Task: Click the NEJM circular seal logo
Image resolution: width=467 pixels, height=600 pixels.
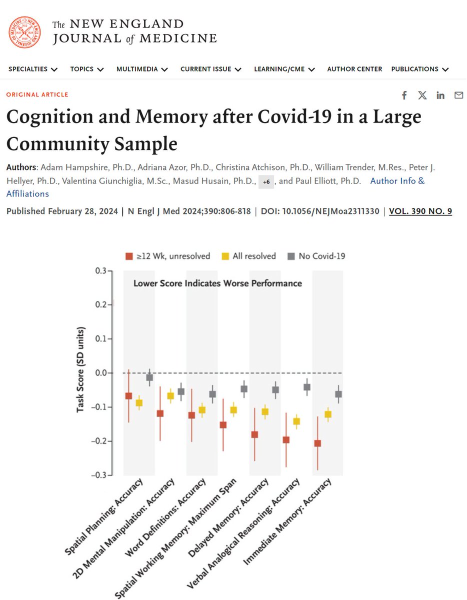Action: (x=25, y=31)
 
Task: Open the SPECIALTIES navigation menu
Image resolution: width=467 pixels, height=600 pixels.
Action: (x=33, y=69)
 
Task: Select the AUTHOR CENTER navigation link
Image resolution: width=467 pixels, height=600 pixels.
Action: (x=354, y=69)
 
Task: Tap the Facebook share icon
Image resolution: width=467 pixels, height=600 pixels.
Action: (x=404, y=95)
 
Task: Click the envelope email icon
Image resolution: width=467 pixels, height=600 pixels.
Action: (x=458, y=95)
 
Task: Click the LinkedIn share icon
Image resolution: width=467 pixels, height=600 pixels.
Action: (x=440, y=95)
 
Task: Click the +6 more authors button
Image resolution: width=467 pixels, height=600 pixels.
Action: (x=266, y=182)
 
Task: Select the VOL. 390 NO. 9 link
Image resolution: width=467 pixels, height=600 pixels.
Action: (x=420, y=211)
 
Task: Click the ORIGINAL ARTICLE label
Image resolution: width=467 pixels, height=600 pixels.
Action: (x=37, y=94)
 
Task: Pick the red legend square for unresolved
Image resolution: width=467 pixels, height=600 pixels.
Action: (x=128, y=256)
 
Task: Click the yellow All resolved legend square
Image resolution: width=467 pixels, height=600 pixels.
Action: (x=225, y=256)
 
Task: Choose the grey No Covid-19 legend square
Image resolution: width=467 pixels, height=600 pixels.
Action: (x=291, y=256)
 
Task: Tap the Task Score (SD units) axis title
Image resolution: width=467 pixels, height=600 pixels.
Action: (x=81, y=370)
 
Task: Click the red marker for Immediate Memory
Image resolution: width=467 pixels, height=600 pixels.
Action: (x=317, y=443)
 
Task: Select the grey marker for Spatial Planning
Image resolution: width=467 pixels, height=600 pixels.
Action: (x=149, y=377)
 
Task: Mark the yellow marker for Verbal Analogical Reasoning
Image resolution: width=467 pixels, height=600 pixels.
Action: (x=296, y=421)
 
